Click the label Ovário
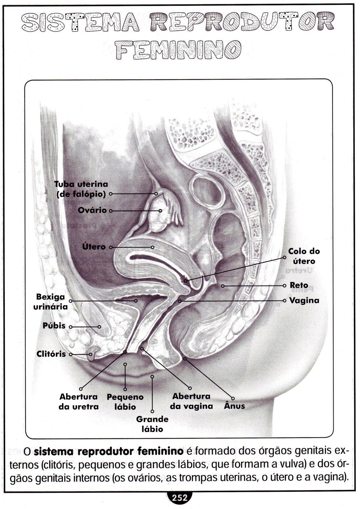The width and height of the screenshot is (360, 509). [92, 210]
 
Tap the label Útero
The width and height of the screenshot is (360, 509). [94, 247]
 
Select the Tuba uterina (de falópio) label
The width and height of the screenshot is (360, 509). [81, 189]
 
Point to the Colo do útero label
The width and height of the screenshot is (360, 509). [304, 256]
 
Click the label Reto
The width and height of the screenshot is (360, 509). [299, 285]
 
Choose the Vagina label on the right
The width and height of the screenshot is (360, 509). [304, 300]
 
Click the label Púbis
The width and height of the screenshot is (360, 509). [54, 326]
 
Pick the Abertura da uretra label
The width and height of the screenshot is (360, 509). [79, 401]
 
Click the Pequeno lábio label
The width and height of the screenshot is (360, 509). [125, 402]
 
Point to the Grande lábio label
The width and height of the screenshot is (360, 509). [152, 424]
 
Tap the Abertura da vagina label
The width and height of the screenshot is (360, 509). [191, 401]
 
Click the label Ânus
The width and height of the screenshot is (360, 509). [234, 406]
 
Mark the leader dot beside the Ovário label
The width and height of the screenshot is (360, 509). [110, 211]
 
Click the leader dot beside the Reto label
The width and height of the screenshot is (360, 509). [284, 286]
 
